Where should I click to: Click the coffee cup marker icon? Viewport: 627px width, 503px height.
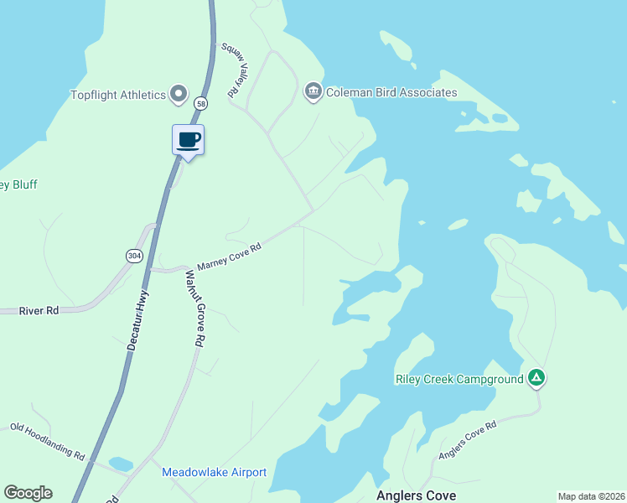(x=189, y=139)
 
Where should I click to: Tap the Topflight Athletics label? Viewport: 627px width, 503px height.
(x=118, y=95)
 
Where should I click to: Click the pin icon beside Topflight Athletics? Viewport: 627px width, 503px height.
(x=179, y=94)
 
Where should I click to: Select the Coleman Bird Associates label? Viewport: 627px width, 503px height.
(x=391, y=92)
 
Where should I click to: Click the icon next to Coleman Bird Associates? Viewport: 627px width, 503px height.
(x=313, y=91)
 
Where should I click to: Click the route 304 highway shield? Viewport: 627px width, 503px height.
(x=133, y=255)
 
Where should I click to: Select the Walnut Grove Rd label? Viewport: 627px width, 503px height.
(x=194, y=309)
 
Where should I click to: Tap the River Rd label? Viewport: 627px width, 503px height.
(x=40, y=310)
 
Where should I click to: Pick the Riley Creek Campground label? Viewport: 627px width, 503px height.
(x=459, y=379)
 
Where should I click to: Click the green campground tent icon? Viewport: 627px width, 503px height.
(x=536, y=378)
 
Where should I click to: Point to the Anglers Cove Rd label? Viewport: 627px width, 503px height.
(x=468, y=440)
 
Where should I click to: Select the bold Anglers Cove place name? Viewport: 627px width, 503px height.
(x=416, y=495)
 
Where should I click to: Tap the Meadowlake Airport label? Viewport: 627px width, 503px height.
(x=214, y=472)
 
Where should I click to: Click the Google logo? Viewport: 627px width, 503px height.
(x=28, y=493)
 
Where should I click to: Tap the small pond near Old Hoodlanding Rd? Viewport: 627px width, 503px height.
(x=121, y=464)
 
